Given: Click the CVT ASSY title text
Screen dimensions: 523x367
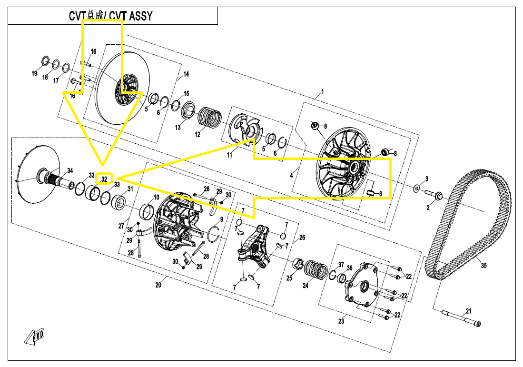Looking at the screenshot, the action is click(x=110, y=16).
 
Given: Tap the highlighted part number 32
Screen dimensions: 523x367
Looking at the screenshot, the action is click(x=104, y=179).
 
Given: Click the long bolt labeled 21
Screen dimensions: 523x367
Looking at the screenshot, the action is click(x=461, y=318).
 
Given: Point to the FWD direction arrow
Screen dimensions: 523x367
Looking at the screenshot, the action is click(x=35, y=337).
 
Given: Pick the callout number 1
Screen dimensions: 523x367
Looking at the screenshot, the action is click(x=322, y=91).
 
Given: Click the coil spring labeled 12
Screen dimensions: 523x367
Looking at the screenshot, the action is click(x=210, y=117).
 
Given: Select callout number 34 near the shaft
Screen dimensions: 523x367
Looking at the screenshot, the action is click(x=70, y=171).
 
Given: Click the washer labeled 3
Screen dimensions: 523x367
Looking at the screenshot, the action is click(x=416, y=188).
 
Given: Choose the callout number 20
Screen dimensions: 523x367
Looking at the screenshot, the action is click(x=158, y=285).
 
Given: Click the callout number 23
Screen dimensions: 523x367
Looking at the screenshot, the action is click(x=341, y=321).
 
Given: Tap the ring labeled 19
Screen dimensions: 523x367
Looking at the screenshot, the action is click(x=46, y=61).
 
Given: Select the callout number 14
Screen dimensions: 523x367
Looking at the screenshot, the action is click(x=186, y=74).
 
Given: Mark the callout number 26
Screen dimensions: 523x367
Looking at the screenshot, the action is click(x=302, y=237).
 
